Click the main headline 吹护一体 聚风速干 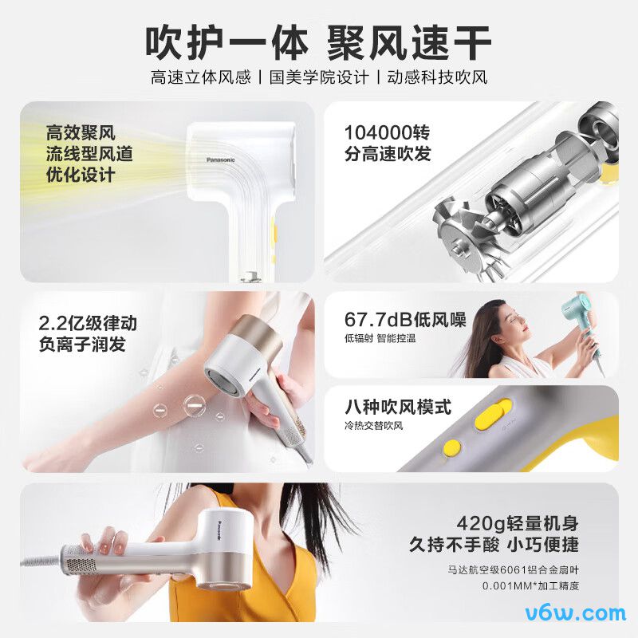(318, 40)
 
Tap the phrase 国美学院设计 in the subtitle (319, 78)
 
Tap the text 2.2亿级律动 (88, 323)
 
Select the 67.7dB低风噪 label (405, 320)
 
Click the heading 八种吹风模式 (398, 408)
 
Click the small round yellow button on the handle (452, 448)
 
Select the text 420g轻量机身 (517, 524)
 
